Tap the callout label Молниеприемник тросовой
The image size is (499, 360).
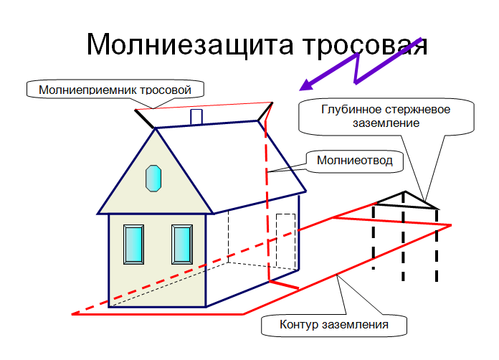coord(115,90)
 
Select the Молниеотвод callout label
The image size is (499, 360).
coord(354,160)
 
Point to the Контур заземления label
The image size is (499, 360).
coord(334,324)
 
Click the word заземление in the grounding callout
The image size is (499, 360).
coord(386,123)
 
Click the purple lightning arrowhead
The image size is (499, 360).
coord(306,85)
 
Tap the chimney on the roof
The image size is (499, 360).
coord(196,117)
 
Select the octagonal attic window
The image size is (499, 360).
coord(153,179)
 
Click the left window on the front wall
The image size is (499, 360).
coord(133,245)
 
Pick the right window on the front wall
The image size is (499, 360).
coord(182,245)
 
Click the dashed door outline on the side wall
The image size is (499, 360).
coord(286,241)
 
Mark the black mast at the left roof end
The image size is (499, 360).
coord(145,119)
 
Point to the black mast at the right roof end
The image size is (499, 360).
coord(265,112)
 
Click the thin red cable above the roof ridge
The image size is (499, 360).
coord(204,105)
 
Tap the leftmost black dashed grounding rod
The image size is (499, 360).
coord(374,237)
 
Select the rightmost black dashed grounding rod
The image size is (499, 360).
coord(437,245)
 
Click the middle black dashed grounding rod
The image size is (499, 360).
coord(403,237)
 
